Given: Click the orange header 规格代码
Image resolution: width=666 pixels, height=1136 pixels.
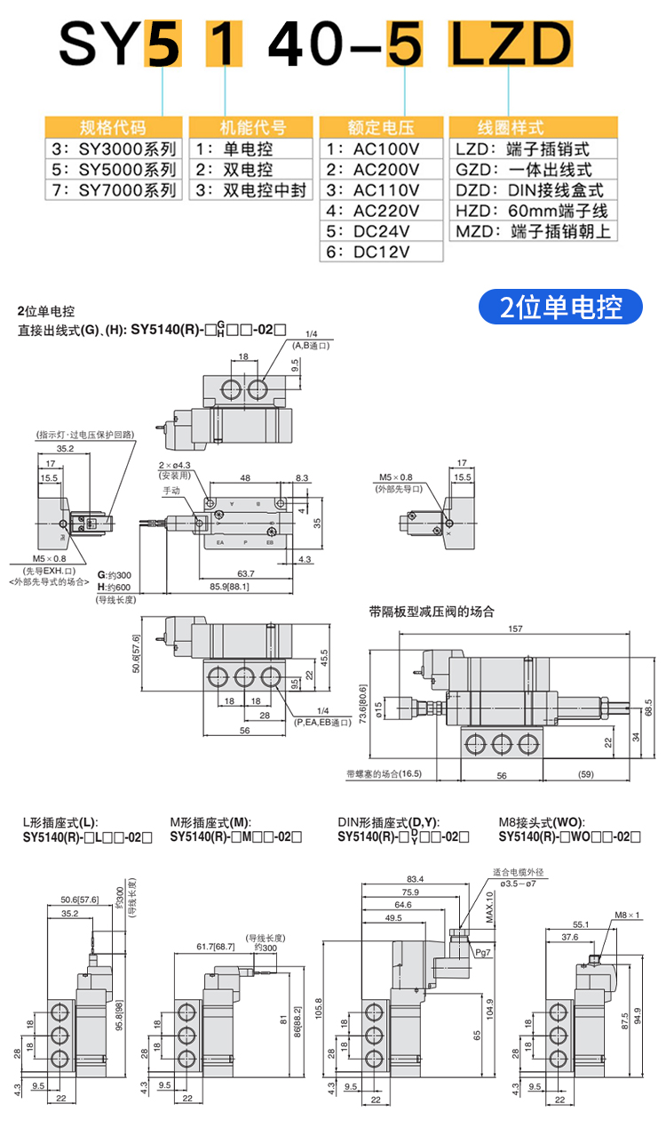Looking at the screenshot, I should coord(113,127).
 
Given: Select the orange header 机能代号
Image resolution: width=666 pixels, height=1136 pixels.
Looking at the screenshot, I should coord(253,127).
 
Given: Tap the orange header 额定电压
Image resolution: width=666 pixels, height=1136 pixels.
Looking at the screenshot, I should coord(382,127).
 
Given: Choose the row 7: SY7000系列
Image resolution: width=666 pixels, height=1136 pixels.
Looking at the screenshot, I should coord(113,189).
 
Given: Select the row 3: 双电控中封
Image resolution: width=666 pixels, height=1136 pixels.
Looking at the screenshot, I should coord(253,189).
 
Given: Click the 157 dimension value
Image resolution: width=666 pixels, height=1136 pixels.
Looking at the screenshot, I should coord(516,629).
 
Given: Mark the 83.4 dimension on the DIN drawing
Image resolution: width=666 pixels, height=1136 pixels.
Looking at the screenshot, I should coord(415,879).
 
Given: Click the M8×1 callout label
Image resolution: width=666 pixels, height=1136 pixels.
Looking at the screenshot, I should coord(626,915).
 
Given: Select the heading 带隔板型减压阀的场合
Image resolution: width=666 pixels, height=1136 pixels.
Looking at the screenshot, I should coord(432,612).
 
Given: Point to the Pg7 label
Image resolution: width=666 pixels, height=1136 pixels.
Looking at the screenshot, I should coord(483,952).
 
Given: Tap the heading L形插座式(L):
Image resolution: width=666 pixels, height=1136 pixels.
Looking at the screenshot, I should coord(59,822).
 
